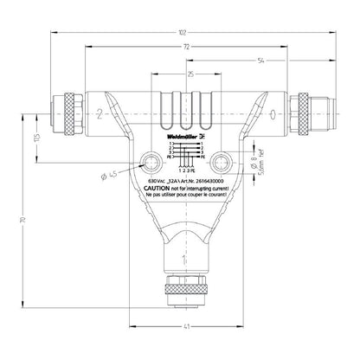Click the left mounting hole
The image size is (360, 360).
click(x=151, y=161)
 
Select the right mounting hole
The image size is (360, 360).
click(x=224, y=161)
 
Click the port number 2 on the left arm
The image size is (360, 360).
click(x=101, y=113)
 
